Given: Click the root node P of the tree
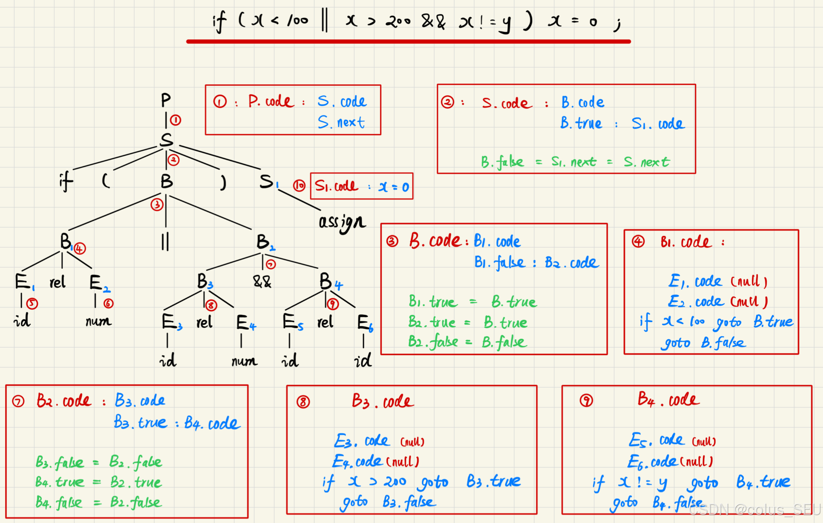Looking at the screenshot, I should point(166,100).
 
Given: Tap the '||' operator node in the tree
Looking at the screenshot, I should point(165,241).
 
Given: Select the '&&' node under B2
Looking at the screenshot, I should point(262,281).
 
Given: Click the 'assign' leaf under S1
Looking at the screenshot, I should point(342,222).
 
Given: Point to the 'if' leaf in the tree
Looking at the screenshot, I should point(66,181).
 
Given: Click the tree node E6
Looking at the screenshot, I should point(364,323).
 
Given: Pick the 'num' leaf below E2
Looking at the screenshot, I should point(98,322).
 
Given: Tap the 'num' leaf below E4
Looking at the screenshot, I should point(244,361).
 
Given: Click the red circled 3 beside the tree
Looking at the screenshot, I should point(157,205).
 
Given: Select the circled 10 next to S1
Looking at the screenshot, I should point(299,185).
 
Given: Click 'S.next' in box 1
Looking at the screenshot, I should point(341,122).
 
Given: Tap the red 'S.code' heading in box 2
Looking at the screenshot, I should point(507,103).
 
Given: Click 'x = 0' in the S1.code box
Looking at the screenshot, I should point(394,187).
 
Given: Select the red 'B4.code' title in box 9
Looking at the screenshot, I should point(668,399).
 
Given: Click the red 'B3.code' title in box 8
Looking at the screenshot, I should point(382,401).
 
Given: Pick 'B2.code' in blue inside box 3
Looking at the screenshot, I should point(572,262).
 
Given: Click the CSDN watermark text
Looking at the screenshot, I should point(755,510).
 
